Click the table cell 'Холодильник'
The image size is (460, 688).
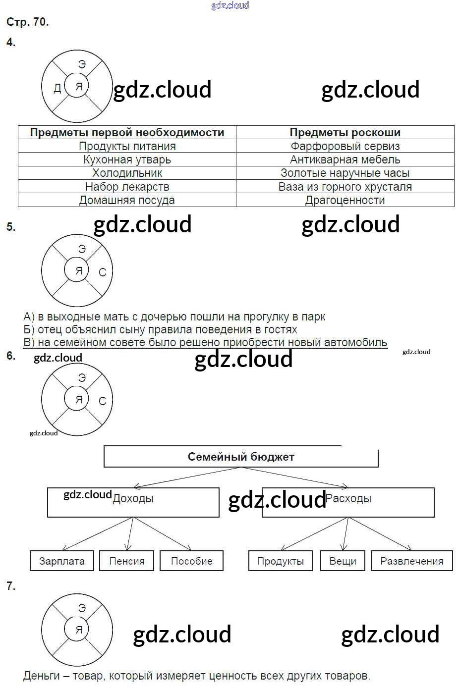pyautogui.click(x=127, y=173)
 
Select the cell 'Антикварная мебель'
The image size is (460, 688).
pyautogui.click(x=345, y=159)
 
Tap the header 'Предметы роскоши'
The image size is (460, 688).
pyautogui.click(x=345, y=132)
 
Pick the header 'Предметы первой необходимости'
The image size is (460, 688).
pyautogui.click(x=127, y=132)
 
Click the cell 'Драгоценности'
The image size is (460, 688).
pyautogui.click(x=345, y=200)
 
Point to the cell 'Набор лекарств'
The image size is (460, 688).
pyautogui.click(x=127, y=187)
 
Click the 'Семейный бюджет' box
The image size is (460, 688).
pyautogui.click(x=241, y=457)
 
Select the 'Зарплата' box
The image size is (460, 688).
pyautogui.click(x=62, y=561)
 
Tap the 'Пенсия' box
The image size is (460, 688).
pyautogui.click(x=127, y=561)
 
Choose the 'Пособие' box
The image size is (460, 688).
pyautogui.click(x=191, y=561)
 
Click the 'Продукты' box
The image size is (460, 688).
pyautogui.click(x=281, y=561)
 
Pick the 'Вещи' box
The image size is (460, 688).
pyautogui.click(x=343, y=561)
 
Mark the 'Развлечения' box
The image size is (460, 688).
pyautogui.click(x=412, y=561)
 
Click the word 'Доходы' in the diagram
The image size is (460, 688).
pyautogui.click(x=133, y=499)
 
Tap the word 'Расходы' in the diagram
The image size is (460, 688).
pyautogui.click(x=348, y=498)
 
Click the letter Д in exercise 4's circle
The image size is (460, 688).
pyautogui.click(x=57, y=88)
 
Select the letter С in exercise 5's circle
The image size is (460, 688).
pyautogui.click(x=103, y=272)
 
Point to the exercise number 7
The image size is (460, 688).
pyautogui.click(x=11, y=586)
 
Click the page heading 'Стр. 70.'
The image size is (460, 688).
pyautogui.click(x=27, y=22)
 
